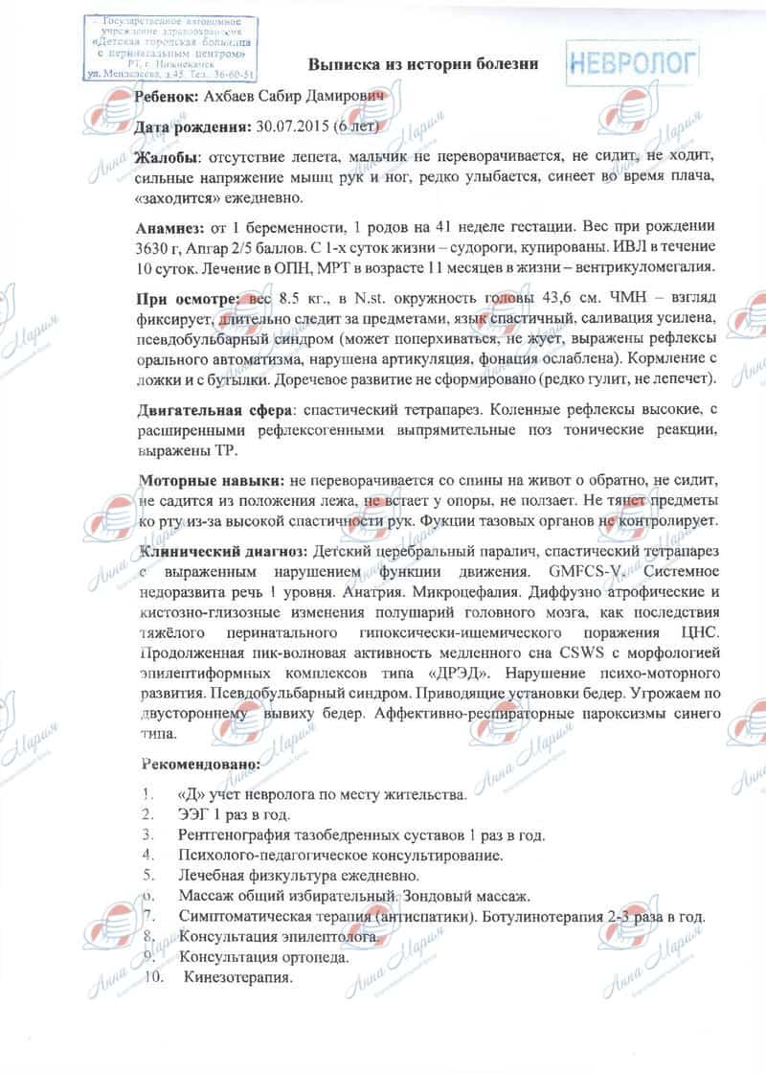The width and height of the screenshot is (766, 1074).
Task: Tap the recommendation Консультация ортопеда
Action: point(263,957)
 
